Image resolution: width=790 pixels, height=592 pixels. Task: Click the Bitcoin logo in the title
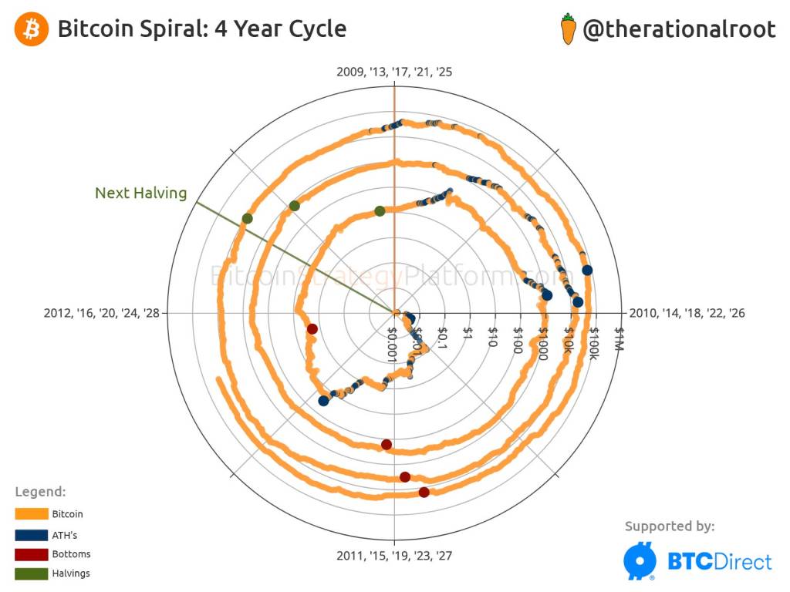(30, 29)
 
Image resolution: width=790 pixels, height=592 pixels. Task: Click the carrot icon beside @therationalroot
(568, 29)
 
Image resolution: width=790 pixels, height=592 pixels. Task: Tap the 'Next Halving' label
(140, 193)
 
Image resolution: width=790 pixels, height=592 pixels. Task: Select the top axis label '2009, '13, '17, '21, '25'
(394, 72)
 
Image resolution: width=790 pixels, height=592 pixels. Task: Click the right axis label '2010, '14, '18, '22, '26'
(687, 313)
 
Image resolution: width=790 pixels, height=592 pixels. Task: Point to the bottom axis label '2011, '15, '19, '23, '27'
(394, 555)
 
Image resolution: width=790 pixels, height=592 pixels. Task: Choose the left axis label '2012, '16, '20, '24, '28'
(102, 313)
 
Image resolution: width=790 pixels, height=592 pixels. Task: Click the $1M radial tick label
(618, 339)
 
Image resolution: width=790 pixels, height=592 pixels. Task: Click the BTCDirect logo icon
(640, 561)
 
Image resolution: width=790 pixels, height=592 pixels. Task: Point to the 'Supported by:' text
(669, 526)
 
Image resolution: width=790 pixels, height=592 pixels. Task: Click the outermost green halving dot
(247, 219)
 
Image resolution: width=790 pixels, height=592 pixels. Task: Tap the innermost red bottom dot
(312, 329)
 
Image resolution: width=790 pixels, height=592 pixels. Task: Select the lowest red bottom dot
(424, 492)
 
